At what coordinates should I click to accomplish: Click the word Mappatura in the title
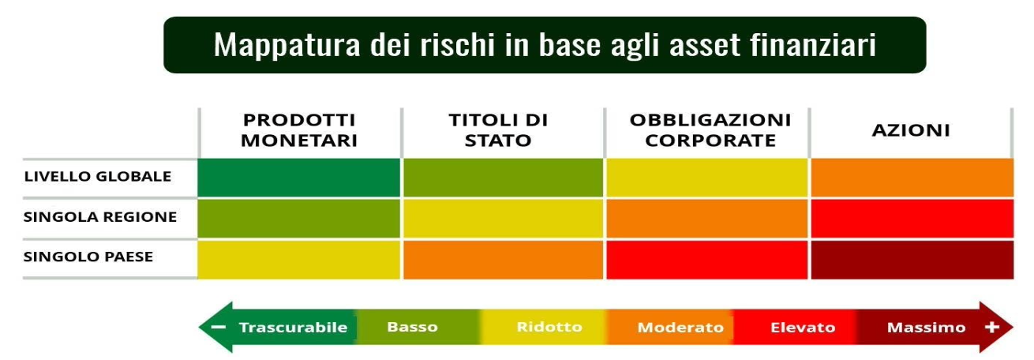pyautogui.click(x=287, y=46)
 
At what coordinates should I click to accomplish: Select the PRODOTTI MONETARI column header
pyautogui.click(x=299, y=130)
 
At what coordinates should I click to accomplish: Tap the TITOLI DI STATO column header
pyautogui.click(x=498, y=130)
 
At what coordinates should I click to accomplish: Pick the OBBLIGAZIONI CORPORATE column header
pyautogui.click(x=710, y=130)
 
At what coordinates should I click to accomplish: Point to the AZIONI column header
pyautogui.click(x=911, y=130)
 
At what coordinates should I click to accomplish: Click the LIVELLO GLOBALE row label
pyautogui.click(x=98, y=176)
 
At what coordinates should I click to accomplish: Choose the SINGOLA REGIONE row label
pyautogui.click(x=100, y=216)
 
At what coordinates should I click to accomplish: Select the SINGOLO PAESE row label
pyautogui.click(x=88, y=257)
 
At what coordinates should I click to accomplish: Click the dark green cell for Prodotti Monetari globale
pyautogui.click(x=298, y=178)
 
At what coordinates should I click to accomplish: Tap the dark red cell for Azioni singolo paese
pyautogui.click(x=912, y=260)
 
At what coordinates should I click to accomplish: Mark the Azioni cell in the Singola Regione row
pyautogui.click(x=912, y=219)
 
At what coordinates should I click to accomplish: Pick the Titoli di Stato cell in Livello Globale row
pyautogui.click(x=503, y=178)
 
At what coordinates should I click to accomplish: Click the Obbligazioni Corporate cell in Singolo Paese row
pyautogui.click(x=706, y=260)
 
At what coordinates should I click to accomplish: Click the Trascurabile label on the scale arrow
pyautogui.click(x=293, y=327)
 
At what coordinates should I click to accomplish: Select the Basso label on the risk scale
pyautogui.click(x=412, y=327)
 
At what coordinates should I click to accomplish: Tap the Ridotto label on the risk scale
pyautogui.click(x=549, y=327)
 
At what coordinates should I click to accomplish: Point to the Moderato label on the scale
pyautogui.click(x=680, y=327)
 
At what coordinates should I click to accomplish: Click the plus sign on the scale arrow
pyautogui.click(x=992, y=327)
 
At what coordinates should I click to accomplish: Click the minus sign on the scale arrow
pyautogui.click(x=219, y=327)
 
